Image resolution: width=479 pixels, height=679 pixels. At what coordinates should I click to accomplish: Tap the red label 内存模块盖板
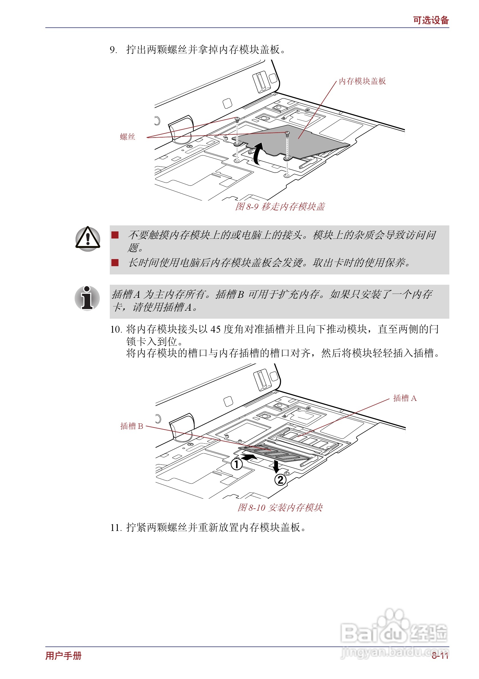point(362,81)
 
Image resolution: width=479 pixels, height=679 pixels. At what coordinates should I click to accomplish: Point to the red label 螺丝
point(127,137)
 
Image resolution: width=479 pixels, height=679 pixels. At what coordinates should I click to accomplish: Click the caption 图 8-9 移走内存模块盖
point(280,207)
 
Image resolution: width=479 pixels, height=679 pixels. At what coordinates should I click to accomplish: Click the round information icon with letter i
point(87,298)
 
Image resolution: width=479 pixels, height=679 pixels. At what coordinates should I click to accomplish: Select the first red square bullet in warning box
point(115,235)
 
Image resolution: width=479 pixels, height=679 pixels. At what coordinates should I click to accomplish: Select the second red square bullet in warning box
point(115,262)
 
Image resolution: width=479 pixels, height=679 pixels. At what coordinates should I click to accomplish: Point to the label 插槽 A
point(405,398)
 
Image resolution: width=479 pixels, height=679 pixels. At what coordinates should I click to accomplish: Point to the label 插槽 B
point(131,426)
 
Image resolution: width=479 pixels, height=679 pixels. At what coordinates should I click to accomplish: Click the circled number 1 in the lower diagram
point(236,464)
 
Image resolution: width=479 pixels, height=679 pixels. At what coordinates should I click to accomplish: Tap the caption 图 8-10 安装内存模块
point(280,508)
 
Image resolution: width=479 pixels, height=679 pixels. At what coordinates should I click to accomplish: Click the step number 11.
point(116,528)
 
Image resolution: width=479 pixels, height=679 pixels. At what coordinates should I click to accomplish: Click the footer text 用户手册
point(63,656)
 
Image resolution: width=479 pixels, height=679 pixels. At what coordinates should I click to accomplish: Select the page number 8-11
point(440,656)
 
